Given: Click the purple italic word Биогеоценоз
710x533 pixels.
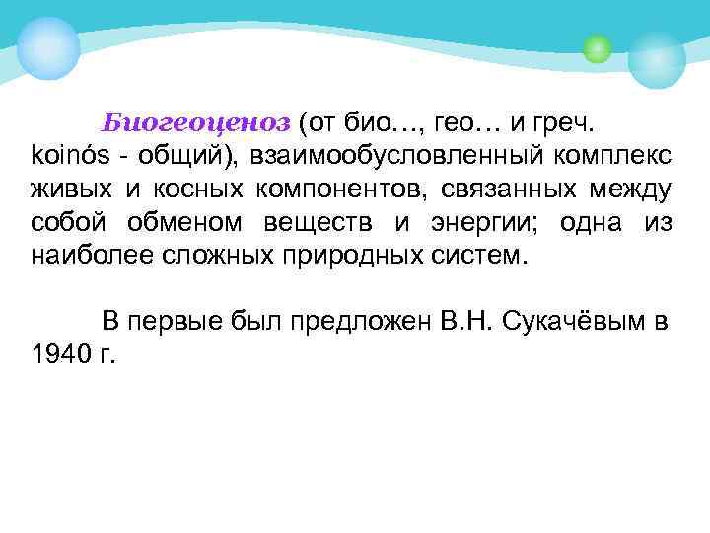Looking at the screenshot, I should pyautogui.click(x=196, y=122).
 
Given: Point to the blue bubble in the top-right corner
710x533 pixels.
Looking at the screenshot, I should pyautogui.click(x=657, y=58).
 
